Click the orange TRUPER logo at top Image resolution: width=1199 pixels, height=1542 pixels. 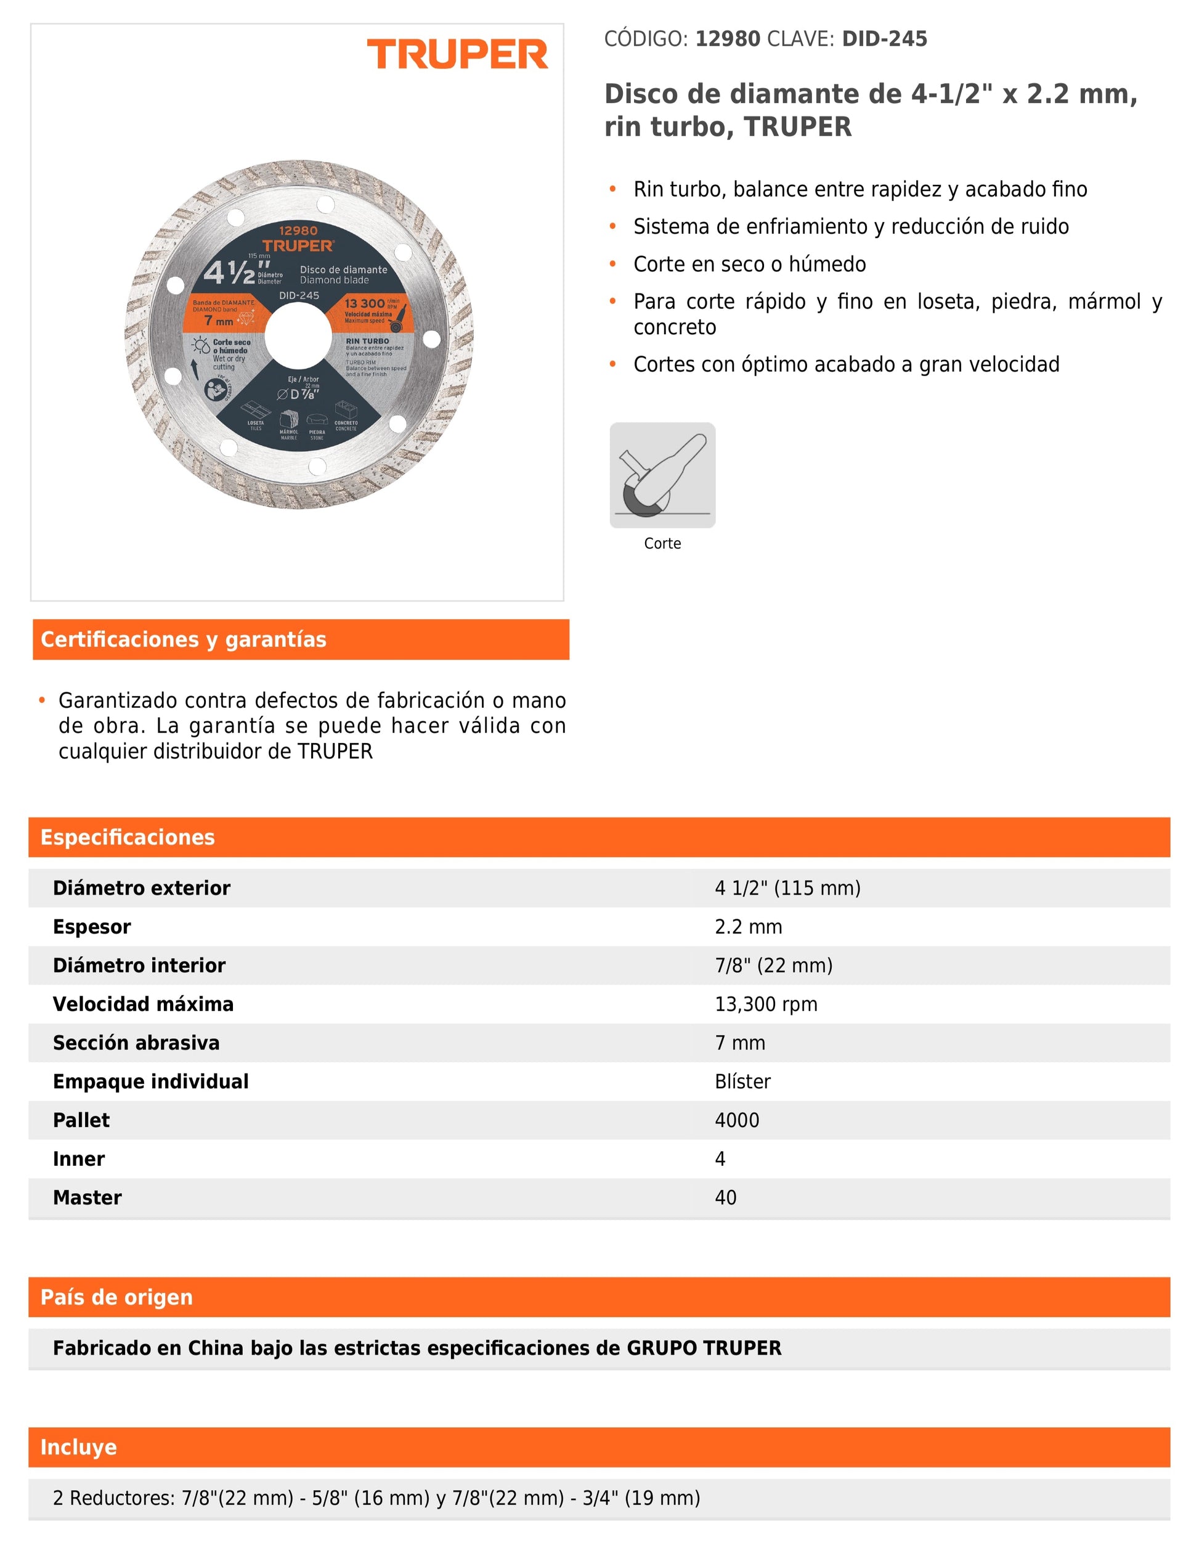click(x=457, y=54)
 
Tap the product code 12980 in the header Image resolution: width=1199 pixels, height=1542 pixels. click(x=728, y=39)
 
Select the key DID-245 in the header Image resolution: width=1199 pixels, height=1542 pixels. click(x=884, y=39)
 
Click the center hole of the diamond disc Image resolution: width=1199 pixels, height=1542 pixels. click(x=298, y=336)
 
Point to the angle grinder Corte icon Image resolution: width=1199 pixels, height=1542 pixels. click(x=662, y=475)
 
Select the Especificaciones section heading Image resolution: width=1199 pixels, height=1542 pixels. click(x=127, y=837)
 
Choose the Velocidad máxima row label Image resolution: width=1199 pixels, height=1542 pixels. click(x=142, y=1004)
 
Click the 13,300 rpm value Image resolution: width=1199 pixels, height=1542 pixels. click(x=766, y=1004)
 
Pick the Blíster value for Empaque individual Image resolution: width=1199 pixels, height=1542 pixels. click(x=742, y=1081)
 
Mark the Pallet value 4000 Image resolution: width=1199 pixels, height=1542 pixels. click(x=737, y=1120)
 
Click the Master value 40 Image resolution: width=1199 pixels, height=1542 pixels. click(x=725, y=1197)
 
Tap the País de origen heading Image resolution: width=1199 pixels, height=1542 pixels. click(x=116, y=1297)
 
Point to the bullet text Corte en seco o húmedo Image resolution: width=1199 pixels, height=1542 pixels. click(x=749, y=264)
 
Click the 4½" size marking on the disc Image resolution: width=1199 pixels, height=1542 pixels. click(x=229, y=273)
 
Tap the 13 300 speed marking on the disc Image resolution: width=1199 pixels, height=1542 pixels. click(x=364, y=303)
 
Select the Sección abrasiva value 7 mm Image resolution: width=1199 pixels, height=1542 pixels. click(x=739, y=1043)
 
